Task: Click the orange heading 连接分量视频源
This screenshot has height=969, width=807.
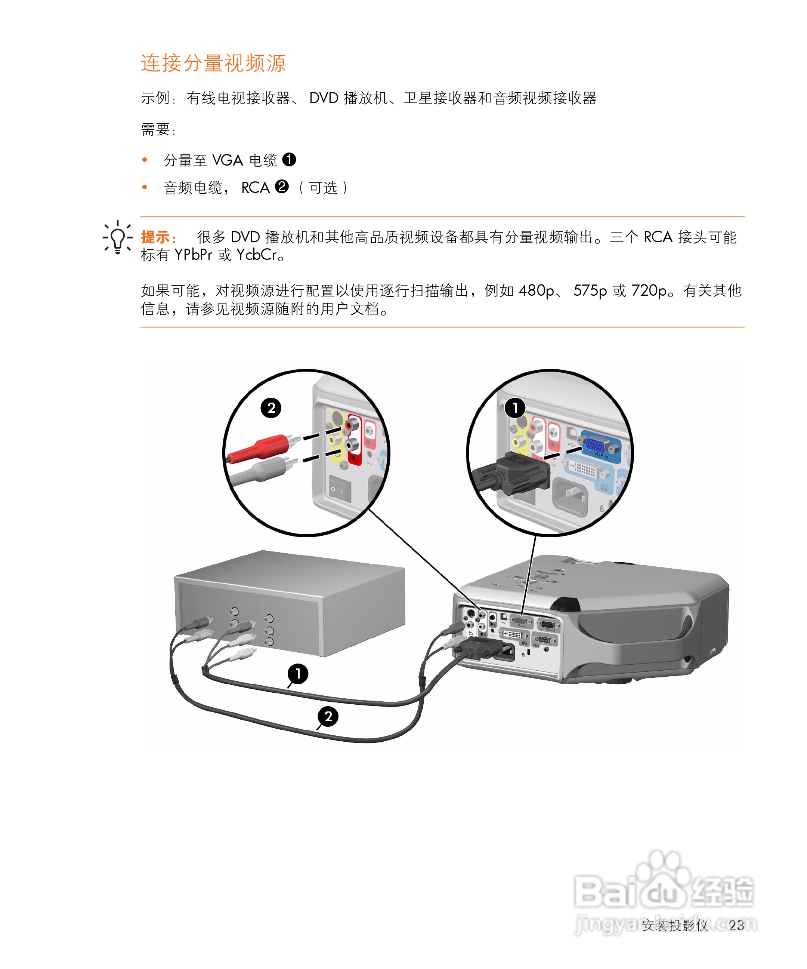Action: click(213, 63)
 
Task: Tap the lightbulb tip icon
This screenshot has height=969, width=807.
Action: click(117, 238)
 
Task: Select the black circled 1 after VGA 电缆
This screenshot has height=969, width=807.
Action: click(289, 160)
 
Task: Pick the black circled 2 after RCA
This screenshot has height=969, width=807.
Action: click(282, 187)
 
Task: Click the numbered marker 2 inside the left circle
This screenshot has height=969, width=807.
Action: click(271, 408)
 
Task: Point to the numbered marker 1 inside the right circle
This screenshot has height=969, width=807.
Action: click(515, 408)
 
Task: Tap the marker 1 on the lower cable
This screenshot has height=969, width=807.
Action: click(298, 674)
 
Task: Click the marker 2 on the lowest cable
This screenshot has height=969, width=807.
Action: click(328, 717)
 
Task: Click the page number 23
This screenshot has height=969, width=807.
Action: click(736, 925)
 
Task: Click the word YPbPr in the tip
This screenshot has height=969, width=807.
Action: click(193, 255)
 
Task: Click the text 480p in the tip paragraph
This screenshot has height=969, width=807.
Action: click(536, 291)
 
